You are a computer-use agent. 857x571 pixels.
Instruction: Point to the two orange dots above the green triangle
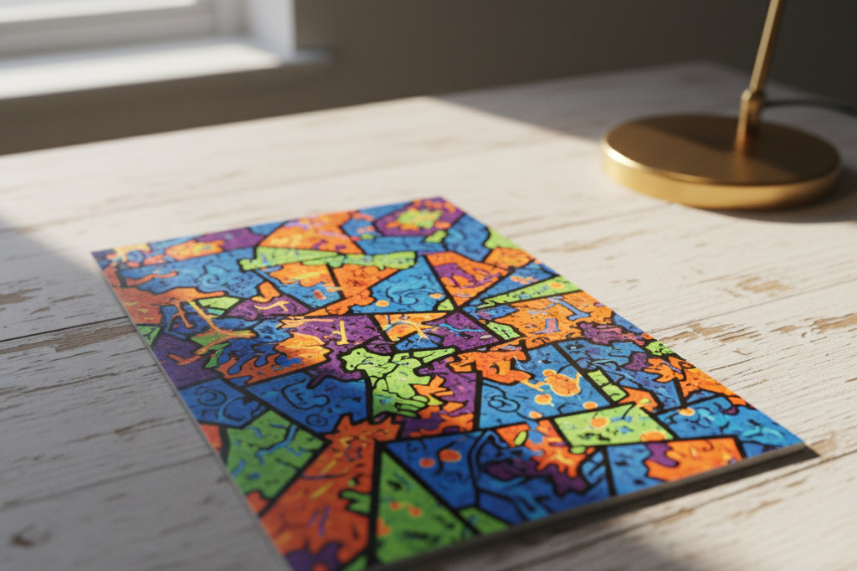tap(439, 457)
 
